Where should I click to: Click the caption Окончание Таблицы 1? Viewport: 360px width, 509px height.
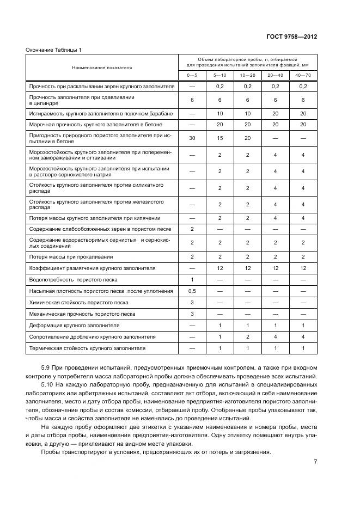pos(53,50)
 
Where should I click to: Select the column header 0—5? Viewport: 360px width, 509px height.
pos(192,75)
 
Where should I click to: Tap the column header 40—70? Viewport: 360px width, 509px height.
pos(303,75)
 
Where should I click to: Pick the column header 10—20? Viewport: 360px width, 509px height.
pos(247,75)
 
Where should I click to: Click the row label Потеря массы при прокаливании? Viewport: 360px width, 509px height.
pos(71,256)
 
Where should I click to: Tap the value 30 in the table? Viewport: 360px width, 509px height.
pos(192,138)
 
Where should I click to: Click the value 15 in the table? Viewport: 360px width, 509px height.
pos(220,138)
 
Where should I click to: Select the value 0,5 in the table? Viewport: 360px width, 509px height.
pos(192,291)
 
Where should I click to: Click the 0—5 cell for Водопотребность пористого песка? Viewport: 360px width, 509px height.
pos(192,279)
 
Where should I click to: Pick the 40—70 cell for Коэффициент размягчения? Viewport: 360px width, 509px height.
pos(303,268)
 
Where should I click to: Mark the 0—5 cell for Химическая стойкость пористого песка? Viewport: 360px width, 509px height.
pos(192,302)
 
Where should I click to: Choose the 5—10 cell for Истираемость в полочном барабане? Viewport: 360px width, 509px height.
pos(220,113)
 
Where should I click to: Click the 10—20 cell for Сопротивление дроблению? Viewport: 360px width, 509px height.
pos(247,336)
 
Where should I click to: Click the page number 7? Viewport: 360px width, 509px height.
pos(315,462)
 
